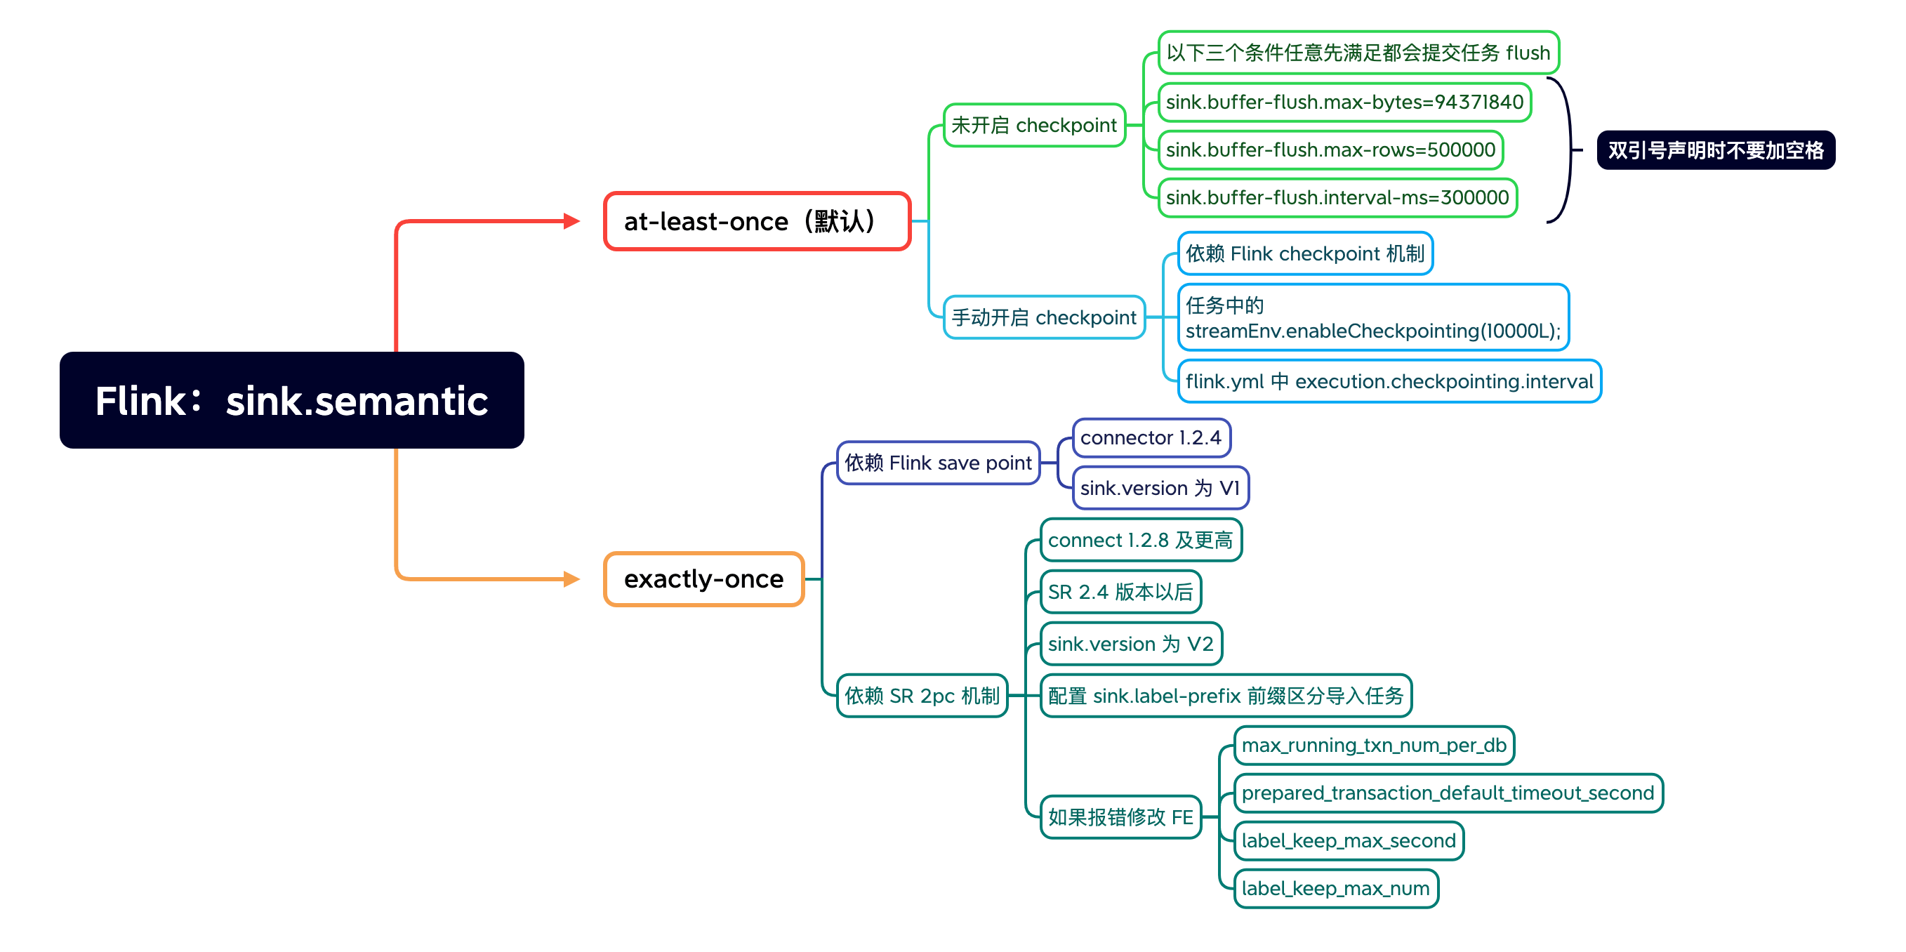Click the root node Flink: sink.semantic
tap(291, 400)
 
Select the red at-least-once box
tap(756, 221)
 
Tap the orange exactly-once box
tap(703, 579)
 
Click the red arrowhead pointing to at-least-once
tap(571, 220)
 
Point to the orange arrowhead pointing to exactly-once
tap(571, 579)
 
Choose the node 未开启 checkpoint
tap(1033, 125)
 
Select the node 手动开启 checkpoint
tap(1043, 317)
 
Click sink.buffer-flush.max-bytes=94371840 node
tap(1344, 102)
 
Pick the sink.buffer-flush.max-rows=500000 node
tap(1330, 150)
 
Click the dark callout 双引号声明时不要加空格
tap(1715, 150)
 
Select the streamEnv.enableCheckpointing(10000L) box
tap(1372, 317)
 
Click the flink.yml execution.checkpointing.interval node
tap(1389, 381)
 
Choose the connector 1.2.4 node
tap(1151, 438)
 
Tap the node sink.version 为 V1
tap(1160, 488)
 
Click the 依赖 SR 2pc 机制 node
tap(921, 695)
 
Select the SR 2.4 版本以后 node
tap(1120, 592)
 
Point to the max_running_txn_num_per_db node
tap(1373, 745)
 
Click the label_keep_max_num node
tap(1335, 888)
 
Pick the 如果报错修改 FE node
tap(1120, 817)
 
